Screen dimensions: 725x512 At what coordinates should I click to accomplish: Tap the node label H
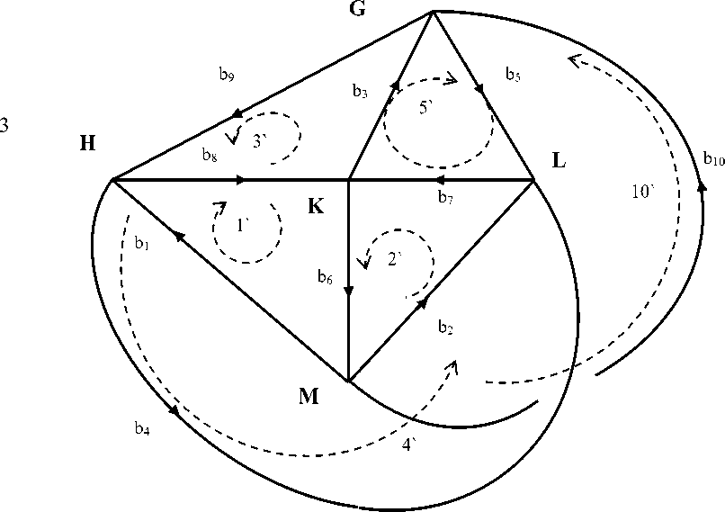pos(87,144)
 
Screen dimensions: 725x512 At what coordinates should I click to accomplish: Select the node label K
pos(316,206)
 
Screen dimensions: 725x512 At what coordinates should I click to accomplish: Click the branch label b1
pos(141,243)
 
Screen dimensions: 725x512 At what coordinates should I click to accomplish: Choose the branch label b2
pos(444,328)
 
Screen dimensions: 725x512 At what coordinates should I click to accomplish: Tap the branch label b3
pos(360,91)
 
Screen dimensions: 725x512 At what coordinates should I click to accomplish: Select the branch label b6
pos(326,278)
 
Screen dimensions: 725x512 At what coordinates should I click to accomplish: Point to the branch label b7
pos(445,196)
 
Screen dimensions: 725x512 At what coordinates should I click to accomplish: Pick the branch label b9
pos(227,76)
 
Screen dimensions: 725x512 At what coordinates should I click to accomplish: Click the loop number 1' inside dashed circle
pos(242,227)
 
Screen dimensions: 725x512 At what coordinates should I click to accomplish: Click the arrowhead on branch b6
pos(348,291)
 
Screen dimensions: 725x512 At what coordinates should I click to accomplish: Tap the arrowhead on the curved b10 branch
pos(703,187)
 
